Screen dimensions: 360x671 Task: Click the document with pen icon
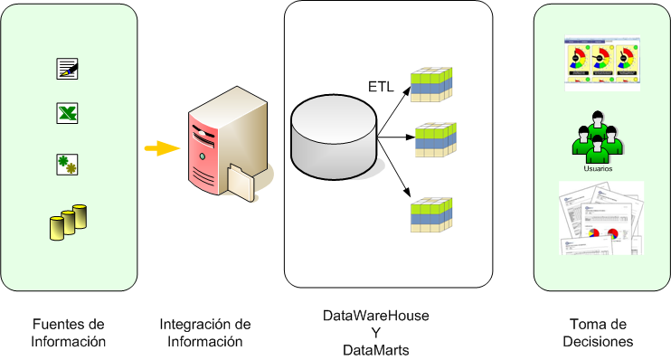point(68,68)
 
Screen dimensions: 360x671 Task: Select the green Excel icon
point(68,114)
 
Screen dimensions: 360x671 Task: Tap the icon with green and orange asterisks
point(68,165)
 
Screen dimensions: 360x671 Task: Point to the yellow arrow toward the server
point(160,148)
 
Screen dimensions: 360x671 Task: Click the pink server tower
point(217,145)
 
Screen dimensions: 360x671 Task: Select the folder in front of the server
point(242,180)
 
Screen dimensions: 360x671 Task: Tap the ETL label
point(381,87)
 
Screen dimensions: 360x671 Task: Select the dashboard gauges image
point(600,63)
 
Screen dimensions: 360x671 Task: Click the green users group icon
point(599,136)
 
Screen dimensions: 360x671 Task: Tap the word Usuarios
point(599,168)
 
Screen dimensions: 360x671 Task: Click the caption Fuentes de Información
point(69,332)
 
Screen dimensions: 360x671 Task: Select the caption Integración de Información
point(205,332)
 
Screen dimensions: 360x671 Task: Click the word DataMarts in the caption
point(376,348)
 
